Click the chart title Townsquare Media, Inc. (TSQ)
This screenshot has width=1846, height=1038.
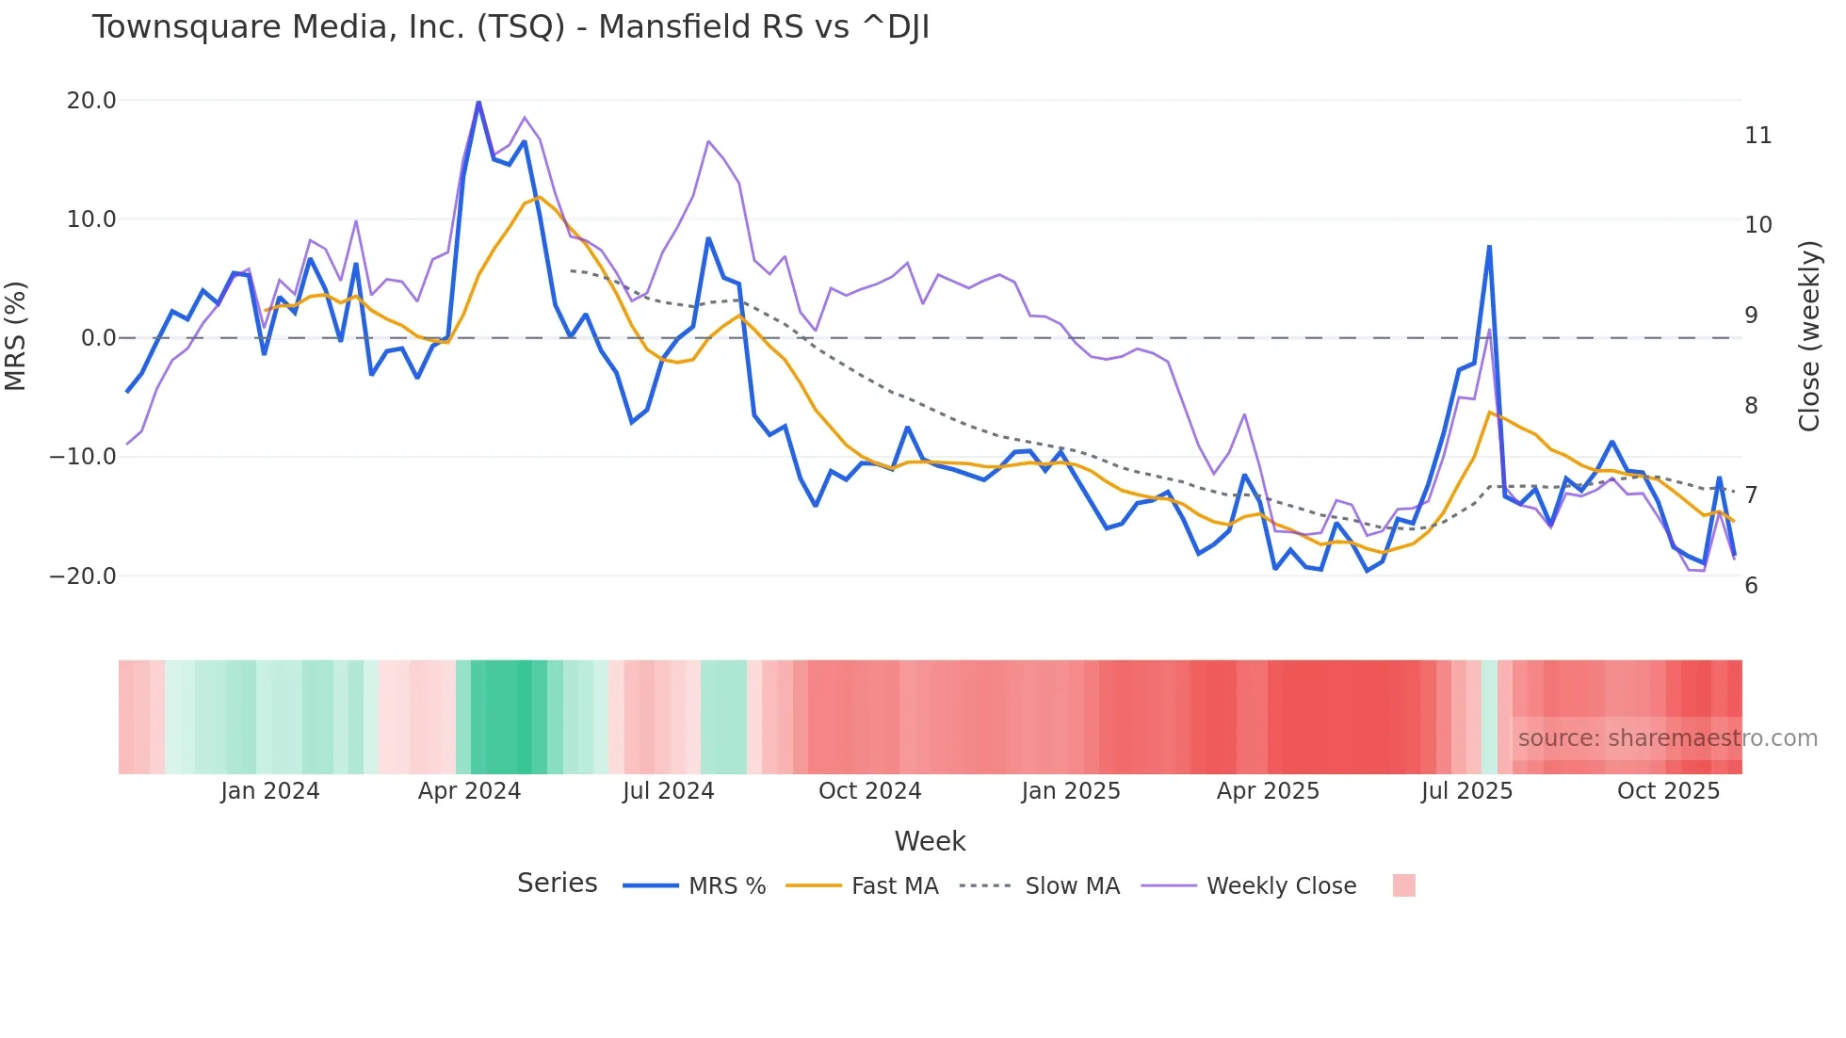pos(510,27)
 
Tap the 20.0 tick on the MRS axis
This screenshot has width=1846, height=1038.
pos(91,101)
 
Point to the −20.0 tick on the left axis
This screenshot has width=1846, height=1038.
pos(83,576)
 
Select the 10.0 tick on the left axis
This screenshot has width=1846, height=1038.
pos(91,219)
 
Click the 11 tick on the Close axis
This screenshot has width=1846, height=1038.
pos(1757,136)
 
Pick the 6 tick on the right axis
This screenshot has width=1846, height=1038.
pos(1751,586)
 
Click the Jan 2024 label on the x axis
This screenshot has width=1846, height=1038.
pos(270,791)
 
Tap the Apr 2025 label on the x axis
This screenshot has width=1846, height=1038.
pos(1268,791)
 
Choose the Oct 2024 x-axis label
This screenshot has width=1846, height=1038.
pos(869,791)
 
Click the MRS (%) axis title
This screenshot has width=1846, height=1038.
pos(16,336)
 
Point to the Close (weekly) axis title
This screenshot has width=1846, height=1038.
pos(1809,336)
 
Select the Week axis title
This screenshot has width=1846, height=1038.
pos(930,841)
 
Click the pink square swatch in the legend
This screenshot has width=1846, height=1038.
pos(1403,885)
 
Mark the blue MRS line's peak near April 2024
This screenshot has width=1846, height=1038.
pos(478,102)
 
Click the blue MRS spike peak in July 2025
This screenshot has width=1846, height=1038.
pos(1489,247)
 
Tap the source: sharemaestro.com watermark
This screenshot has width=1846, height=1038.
pos(1667,738)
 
